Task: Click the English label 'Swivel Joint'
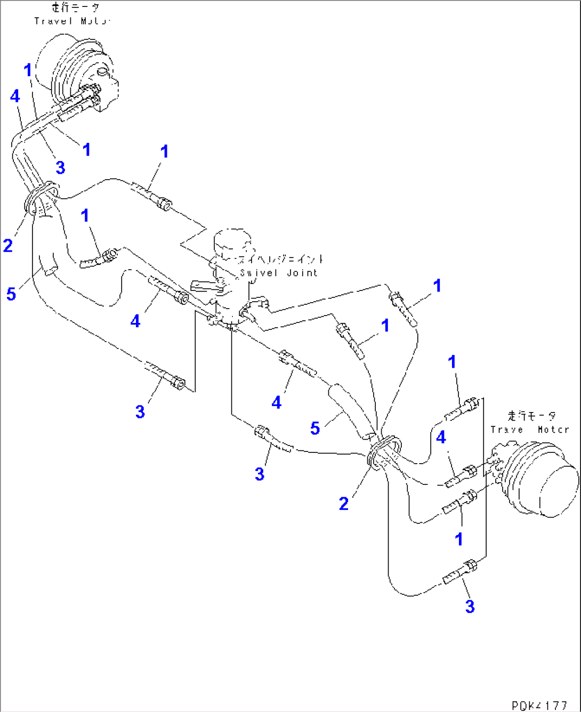(x=279, y=273)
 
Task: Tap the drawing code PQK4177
(x=539, y=705)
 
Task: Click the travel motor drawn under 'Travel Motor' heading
(x=80, y=75)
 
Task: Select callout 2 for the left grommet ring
(x=7, y=245)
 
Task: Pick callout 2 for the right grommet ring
(x=344, y=503)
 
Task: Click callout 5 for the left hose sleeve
(x=11, y=294)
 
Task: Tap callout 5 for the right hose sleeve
(x=315, y=428)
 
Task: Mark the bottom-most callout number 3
(x=470, y=606)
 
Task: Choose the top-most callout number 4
(x=15, y=96)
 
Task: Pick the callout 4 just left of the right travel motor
(x=441, y=437)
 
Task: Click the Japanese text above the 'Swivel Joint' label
(x=281, y=260)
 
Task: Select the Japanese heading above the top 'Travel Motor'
(x=75, y=7)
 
